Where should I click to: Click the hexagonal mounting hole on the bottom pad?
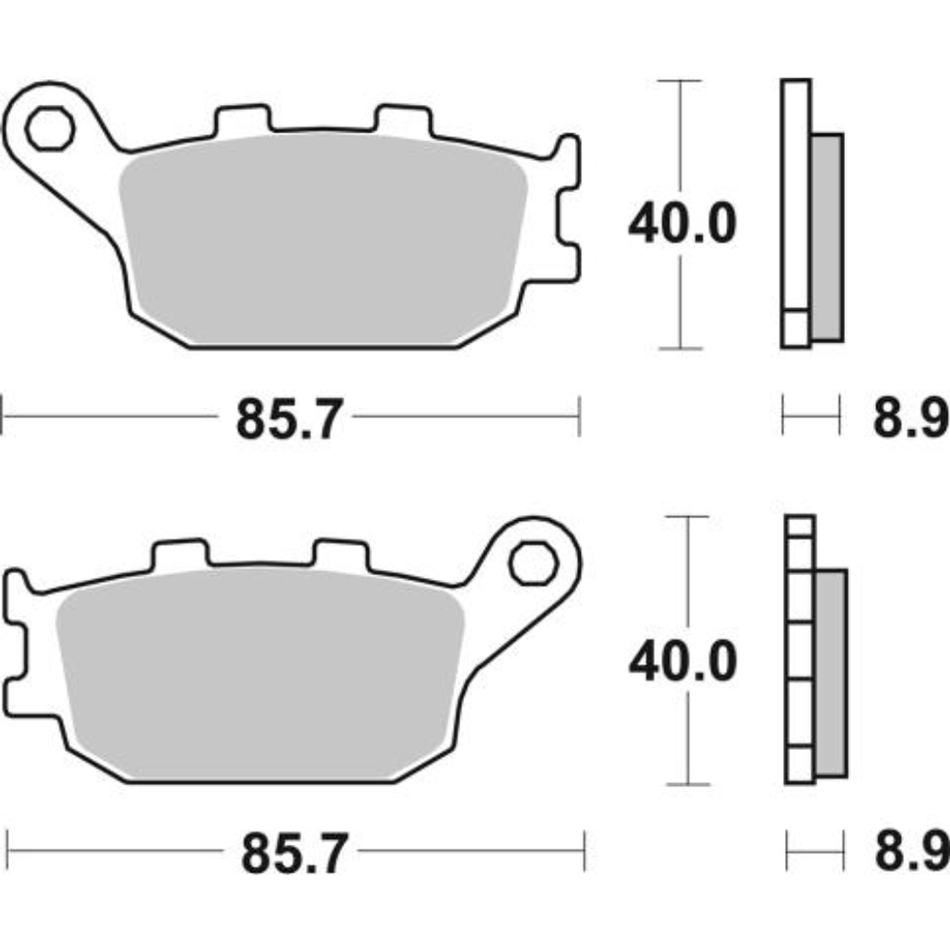click(533, 564)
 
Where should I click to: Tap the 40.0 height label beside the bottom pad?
click(682, 662)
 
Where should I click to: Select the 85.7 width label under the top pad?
click(289, 418)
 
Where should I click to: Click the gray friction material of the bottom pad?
click(258, 675)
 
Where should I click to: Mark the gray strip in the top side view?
click(827, 237)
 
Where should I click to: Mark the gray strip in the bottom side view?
click(831, 673)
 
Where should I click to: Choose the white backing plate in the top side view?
click(796, 200)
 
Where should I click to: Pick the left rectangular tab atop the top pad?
click(242, 119)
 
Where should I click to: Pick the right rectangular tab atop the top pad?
click(404, 119)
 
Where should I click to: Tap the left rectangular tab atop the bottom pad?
click(178, 554)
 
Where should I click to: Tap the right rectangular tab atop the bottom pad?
click(339, 554)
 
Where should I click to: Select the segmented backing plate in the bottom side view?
click(799, 650)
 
